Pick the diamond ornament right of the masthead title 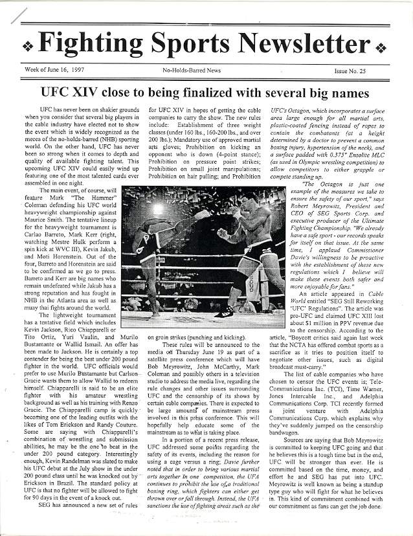click(x=380, y=47)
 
